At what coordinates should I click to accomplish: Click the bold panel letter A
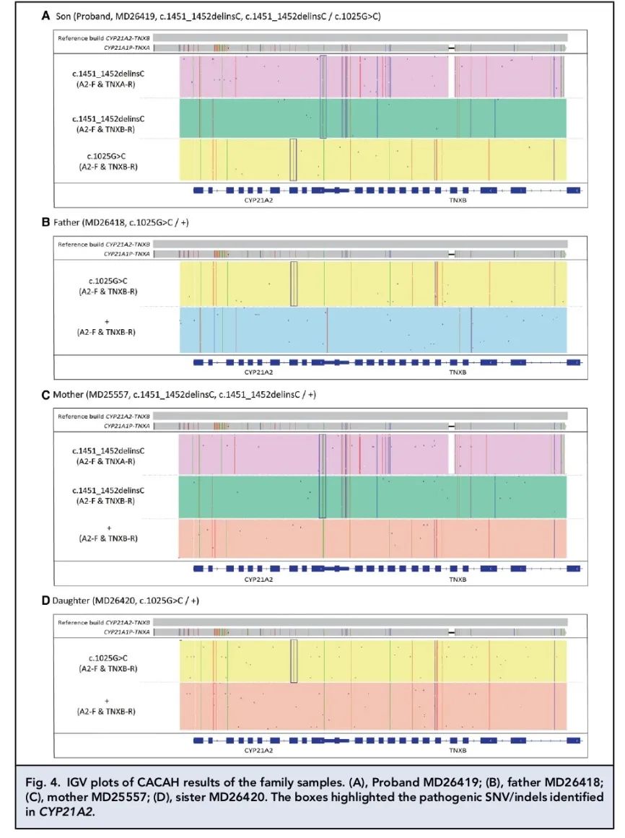45,15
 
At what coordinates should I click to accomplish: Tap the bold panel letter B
45,223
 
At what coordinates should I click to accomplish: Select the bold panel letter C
45,396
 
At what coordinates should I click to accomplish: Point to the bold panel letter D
45,601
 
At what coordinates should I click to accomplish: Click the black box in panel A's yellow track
293,160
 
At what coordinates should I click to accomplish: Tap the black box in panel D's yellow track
293,660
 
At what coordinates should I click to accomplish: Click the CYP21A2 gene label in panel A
257,201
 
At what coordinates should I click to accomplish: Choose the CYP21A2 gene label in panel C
257,579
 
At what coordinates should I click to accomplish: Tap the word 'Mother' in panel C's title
69,396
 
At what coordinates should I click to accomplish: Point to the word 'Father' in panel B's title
66,223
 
